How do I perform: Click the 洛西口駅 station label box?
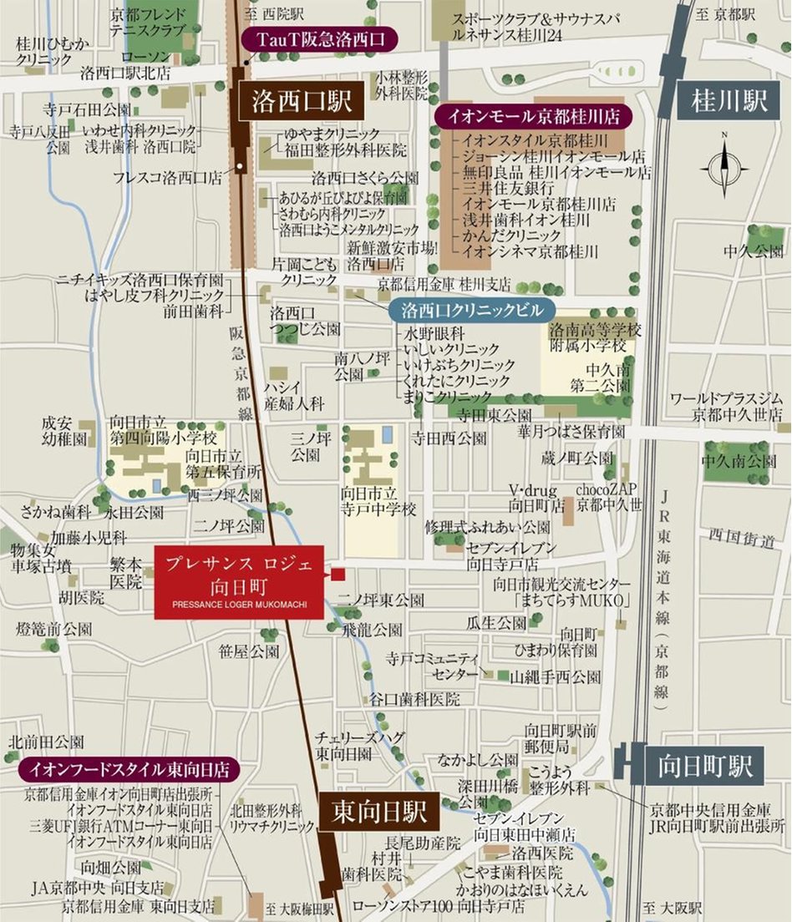click(297, 102)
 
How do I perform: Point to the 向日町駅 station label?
click(704, 766)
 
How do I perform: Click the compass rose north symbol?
click(723, 165)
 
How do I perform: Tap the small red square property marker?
click(338, 574)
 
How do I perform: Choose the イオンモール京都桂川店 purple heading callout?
click(533, 114)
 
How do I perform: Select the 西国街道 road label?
click(741, 538)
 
